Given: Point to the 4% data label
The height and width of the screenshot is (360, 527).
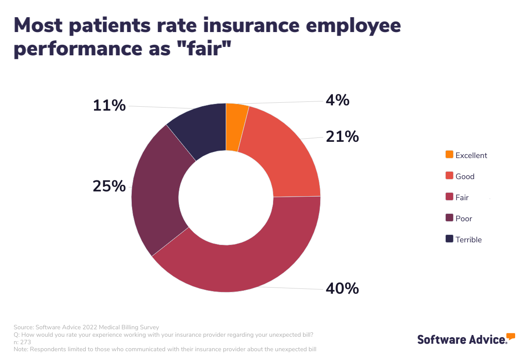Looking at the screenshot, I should (337, 101).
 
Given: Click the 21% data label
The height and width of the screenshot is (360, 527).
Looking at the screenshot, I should (342, 137).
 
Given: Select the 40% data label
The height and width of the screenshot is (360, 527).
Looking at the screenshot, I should (342, 288).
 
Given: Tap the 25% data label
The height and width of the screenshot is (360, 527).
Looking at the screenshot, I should (109, 186).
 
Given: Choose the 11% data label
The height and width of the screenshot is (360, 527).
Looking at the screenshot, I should (109, 106).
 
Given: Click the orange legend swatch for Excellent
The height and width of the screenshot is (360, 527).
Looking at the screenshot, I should (449, 155).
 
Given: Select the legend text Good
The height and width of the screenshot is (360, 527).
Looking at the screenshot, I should (465, 176).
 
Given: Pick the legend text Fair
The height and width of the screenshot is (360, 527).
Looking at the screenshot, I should (462, 198).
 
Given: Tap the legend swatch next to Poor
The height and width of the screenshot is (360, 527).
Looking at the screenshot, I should (449, 218).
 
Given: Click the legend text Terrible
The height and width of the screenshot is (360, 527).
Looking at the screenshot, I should (469, 240).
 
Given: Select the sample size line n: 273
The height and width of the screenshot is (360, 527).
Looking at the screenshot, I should (22, 342).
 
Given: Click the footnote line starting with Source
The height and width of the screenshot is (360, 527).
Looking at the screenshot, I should (86, 327).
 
